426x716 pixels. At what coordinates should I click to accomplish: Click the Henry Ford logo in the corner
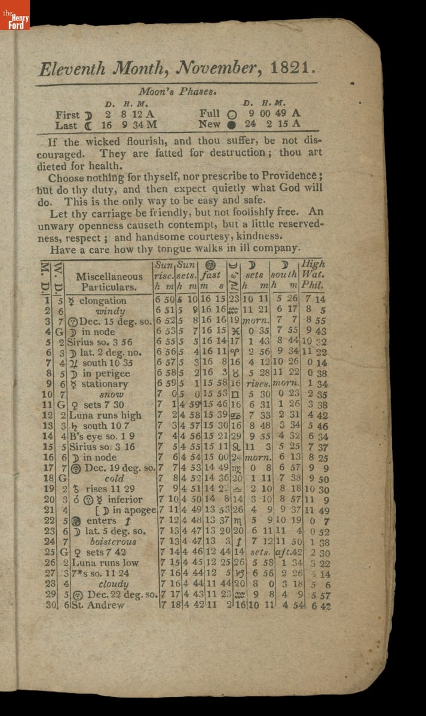tap(14, 14)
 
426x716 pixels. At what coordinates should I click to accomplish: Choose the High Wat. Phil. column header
tap(313, 275)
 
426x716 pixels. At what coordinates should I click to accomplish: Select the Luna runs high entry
tap(105, 415)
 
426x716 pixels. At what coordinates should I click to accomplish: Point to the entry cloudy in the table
tap(113, 584)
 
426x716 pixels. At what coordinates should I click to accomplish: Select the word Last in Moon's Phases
tap(66, 125)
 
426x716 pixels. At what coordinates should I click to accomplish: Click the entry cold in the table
tap(114, 479)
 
